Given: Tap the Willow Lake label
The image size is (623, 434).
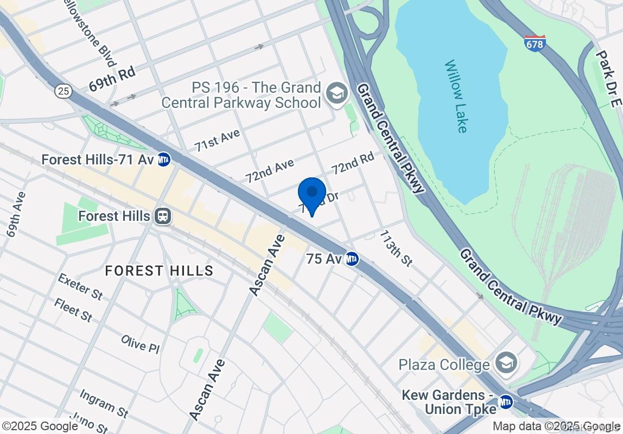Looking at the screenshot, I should pos(455,96).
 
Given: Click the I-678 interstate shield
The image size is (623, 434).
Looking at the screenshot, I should pos(535,43).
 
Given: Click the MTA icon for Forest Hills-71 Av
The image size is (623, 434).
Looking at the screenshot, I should pos(163,160).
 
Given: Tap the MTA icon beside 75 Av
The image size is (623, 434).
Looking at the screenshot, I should pos(352,259).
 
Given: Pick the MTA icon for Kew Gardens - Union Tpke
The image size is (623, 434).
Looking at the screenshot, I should pos(506,402).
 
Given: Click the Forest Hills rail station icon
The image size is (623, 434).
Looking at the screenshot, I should pos(162,216).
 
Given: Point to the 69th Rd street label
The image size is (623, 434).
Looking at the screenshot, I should pos(112,80).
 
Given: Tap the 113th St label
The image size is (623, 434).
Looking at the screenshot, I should pos(396,248).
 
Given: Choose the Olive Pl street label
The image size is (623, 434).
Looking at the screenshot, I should pos(141,344).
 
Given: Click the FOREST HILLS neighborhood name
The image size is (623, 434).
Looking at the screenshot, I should pos(159,271).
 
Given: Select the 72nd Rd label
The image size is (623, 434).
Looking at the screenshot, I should pos(353,163).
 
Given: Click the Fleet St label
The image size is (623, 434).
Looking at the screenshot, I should pos(73,309).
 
